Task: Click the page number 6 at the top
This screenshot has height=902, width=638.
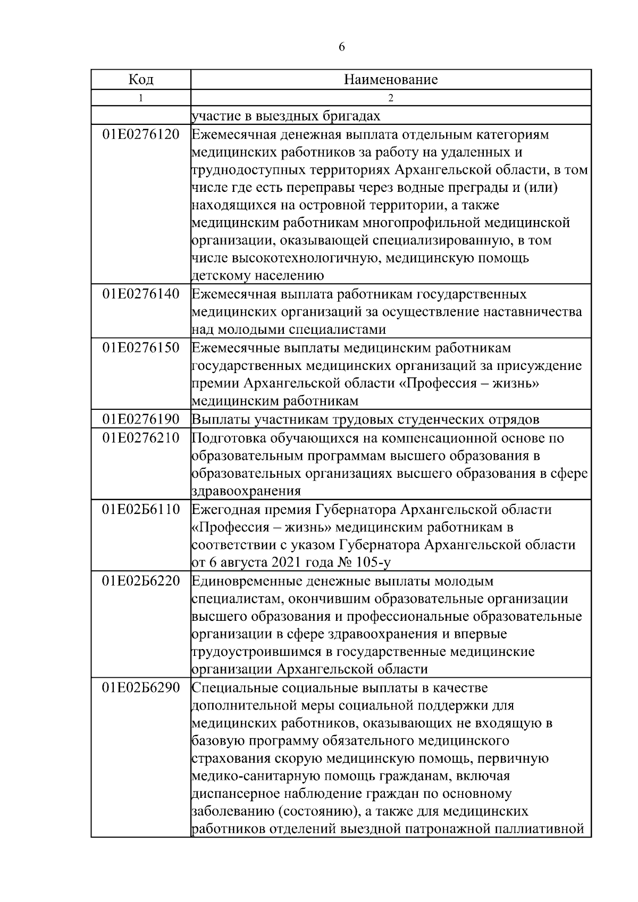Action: [341, 47]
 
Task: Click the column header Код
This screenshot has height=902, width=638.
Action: [141, 80]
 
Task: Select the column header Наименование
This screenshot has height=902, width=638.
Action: [391, 80]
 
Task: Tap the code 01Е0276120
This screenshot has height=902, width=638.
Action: [141, 134]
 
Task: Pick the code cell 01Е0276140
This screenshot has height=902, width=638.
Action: [141, 294]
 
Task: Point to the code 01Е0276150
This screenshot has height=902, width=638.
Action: [141, 348]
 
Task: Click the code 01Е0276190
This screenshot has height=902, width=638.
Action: [141, 419]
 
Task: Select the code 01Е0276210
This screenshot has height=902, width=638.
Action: [141, 438]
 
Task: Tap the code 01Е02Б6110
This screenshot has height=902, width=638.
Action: [141, 510]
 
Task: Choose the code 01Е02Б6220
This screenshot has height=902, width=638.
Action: [141, 580]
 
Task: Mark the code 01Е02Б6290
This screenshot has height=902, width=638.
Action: [141, 688]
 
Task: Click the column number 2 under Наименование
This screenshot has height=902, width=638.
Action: [391, 98]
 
